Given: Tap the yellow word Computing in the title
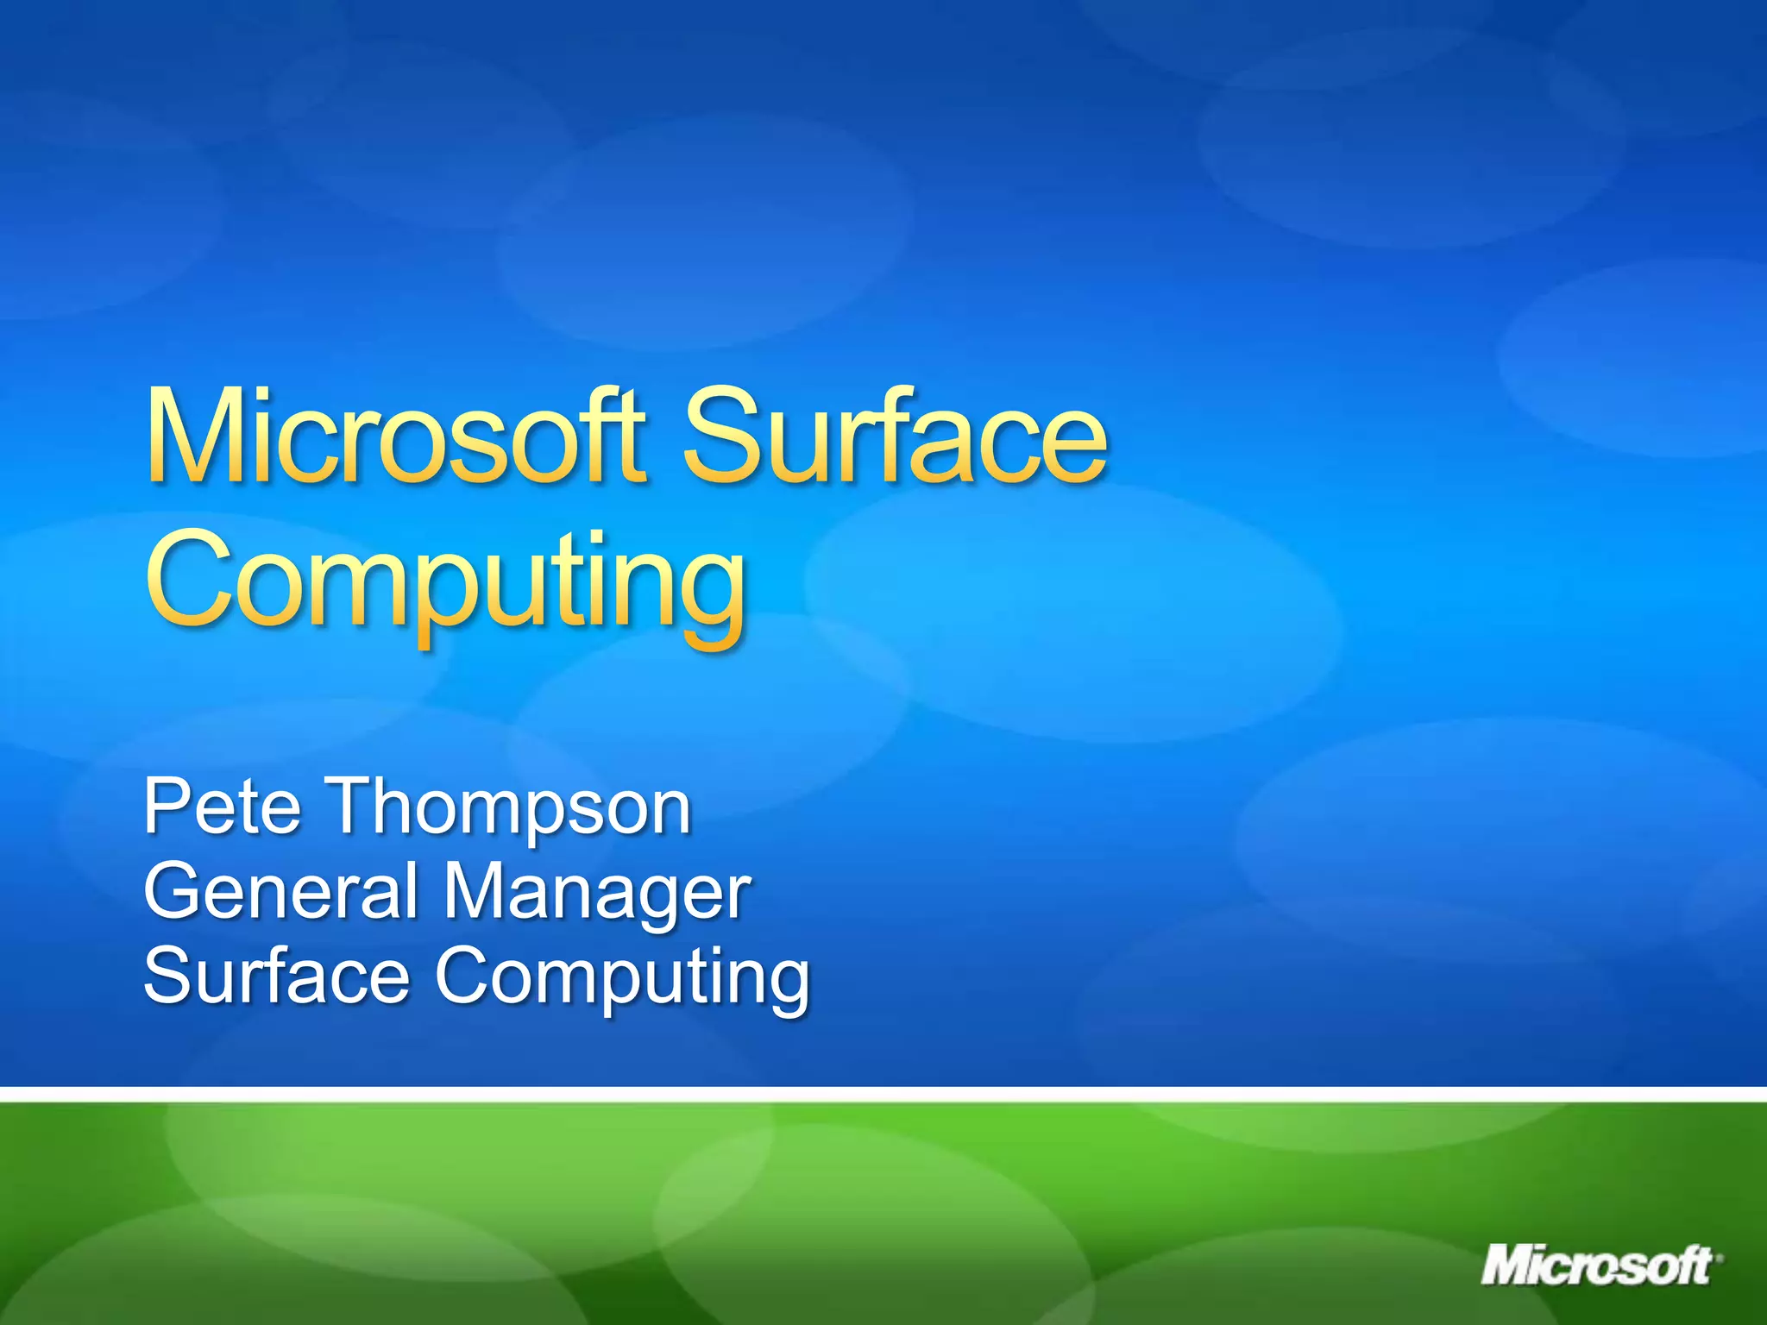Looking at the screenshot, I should coord(445,581).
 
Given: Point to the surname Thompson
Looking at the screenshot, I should coord(510,807).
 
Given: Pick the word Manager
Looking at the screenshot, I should coord(596,894).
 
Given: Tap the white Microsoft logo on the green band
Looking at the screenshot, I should coord(1595,1265).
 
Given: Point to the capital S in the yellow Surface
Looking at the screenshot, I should coord(723,435).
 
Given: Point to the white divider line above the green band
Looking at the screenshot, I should coord(883,1095).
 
